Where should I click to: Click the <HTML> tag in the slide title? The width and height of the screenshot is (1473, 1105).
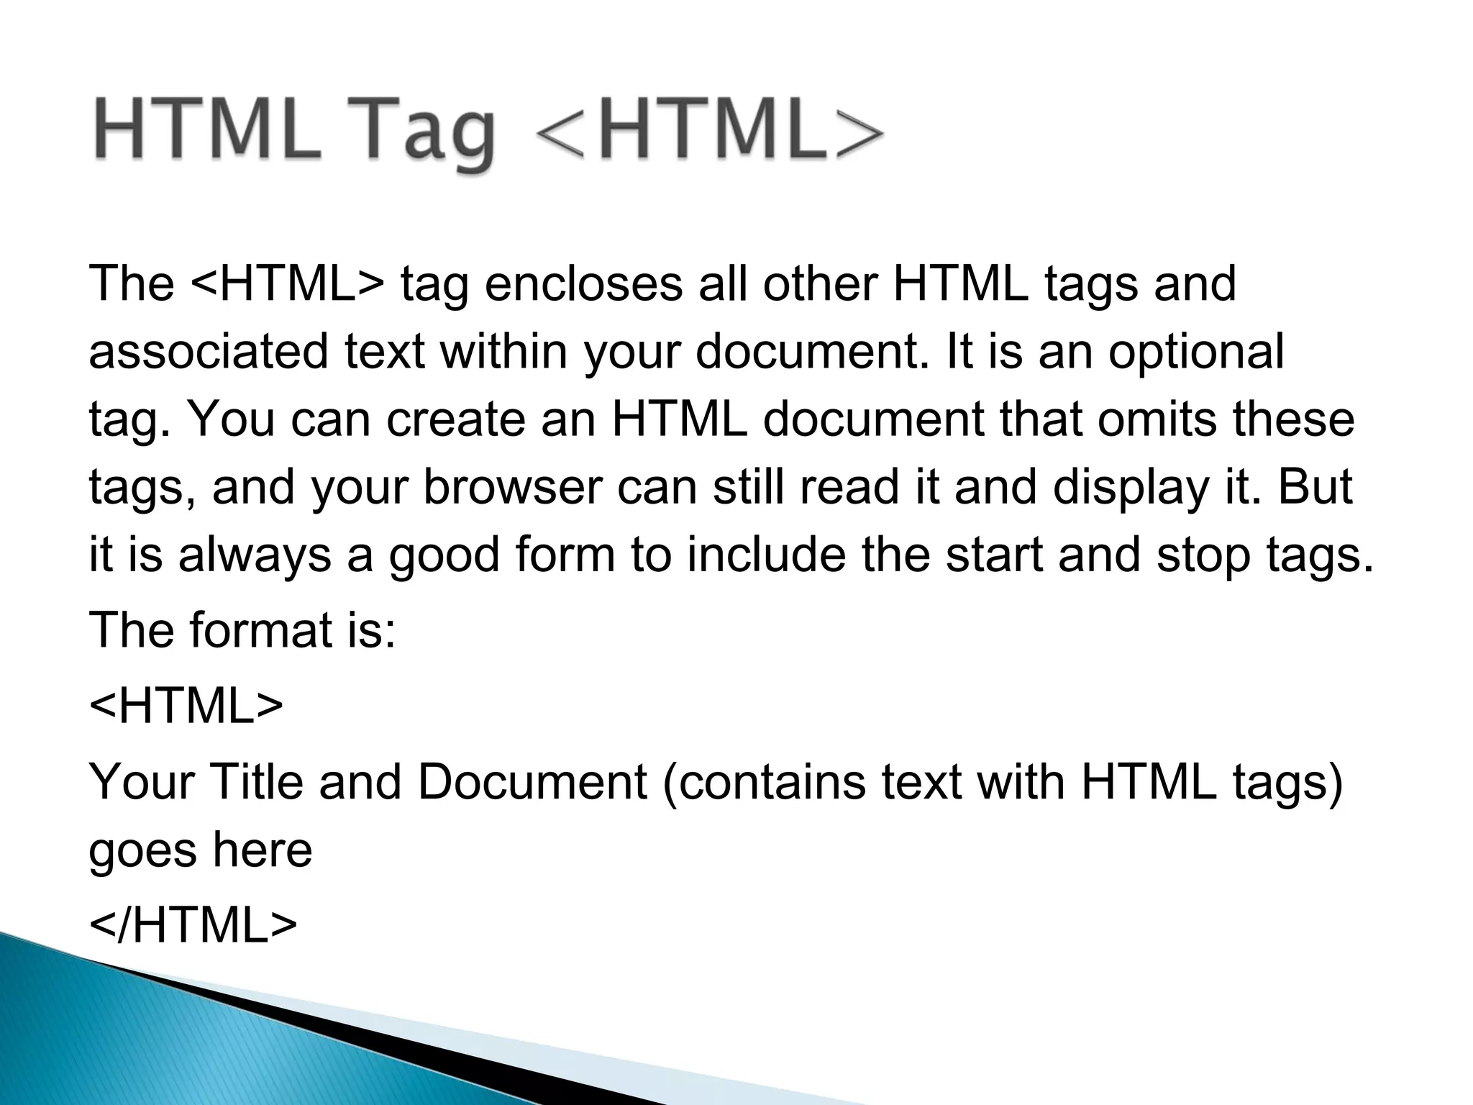(x=709, y=134)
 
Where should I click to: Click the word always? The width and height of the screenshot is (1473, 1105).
(x=255, y=555)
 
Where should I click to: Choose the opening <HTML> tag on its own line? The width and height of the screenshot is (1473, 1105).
(x=186, y=706)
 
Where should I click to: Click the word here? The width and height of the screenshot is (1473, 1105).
(x=262, y=850)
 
